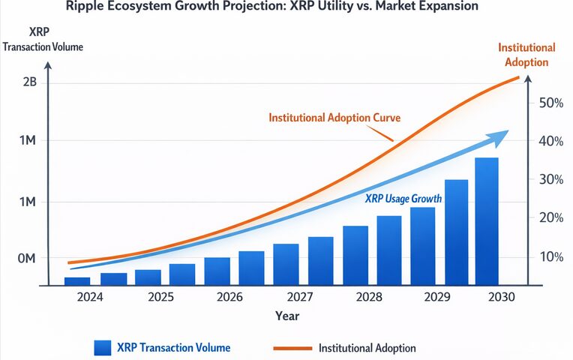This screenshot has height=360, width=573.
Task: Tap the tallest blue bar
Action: point(487,221)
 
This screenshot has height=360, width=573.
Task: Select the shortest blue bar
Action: point(76,281)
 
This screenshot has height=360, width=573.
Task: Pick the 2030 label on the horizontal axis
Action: point(502,297)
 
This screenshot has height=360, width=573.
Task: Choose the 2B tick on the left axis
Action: point(29,82)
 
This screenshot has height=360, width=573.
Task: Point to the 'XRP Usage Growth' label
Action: point(402,199)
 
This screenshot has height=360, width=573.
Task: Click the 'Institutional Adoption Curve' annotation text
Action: point(334,118)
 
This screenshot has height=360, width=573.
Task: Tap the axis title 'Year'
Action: point(286,316)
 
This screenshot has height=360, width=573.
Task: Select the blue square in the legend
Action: point(103,347)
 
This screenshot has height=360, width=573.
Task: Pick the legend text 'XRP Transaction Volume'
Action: point(173,347)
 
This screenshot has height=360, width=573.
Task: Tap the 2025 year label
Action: point(162,297)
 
